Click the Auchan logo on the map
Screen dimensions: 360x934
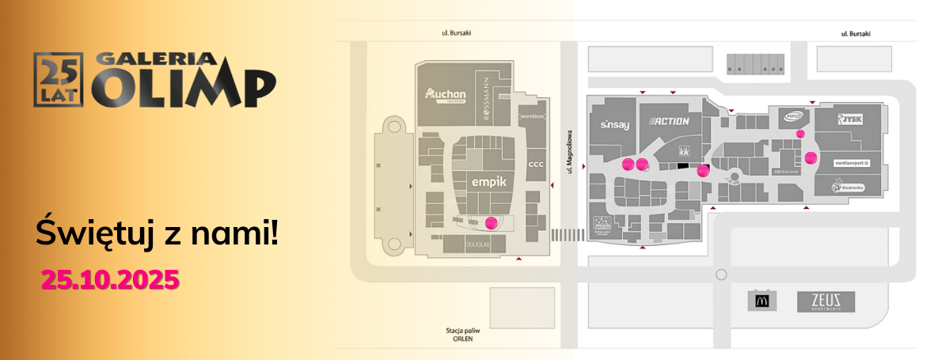click(x=446, y=95)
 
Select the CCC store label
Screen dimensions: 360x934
click(x=536, y=165)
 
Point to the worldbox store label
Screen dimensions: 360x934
click(x=533, y=117)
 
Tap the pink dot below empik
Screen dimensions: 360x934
click(x=492, y=222)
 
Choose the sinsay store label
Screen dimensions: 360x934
click(x=613, y=125)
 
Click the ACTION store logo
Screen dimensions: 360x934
click(x=670, y=121)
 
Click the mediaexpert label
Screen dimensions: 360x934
click(x=851, y=163)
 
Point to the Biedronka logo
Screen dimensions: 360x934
click(x=848, y=188)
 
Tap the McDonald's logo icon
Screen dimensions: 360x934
click(x=761, y=301)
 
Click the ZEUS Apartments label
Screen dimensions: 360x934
click(x=831, y=301)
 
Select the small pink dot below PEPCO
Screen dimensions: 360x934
click(x=800, y=134)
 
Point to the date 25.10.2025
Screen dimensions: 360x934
click(x=110, y=279)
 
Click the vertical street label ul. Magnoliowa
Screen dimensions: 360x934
click(x=568, y=150)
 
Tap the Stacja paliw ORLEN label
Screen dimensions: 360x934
click(x=462, y=335)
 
